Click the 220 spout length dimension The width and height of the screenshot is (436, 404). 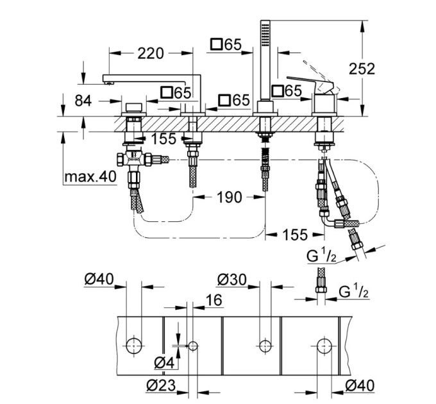tap(151, 53)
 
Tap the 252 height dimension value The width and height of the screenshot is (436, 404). tap(362, 69)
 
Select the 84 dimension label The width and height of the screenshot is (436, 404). tap(83, 101)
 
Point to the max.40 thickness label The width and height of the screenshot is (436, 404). tap(90, 176)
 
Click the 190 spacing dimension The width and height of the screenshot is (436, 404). tap(230, 197)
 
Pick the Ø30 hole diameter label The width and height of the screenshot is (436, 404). tap(232, 280)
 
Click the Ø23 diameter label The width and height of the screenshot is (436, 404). tap(162, 385)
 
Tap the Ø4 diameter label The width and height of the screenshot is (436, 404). tap(164, 363)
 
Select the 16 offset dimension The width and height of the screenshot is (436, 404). tap(214, 300)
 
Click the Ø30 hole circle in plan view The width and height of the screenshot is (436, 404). tap(265, 346)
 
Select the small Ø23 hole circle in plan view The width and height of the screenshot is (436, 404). tap(193, 346)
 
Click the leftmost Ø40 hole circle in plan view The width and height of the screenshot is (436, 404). tap(134, 346)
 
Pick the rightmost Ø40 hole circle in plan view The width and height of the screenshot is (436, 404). tap(324, 346)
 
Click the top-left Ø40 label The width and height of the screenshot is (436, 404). tap(99, 279)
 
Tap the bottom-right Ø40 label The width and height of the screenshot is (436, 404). tap(360, 385)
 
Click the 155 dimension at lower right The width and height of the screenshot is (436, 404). tap(295, 235)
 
